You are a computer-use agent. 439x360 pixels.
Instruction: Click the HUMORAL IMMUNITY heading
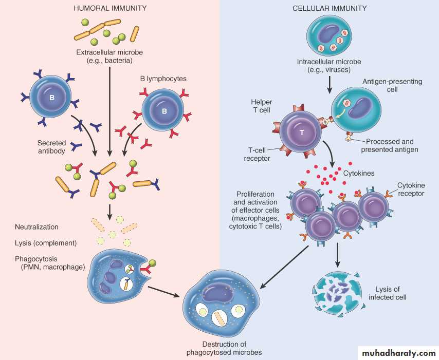[111, 8]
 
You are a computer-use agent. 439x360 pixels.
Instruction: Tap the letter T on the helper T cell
[302, 132]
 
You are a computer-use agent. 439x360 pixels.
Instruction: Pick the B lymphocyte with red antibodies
[163, 110]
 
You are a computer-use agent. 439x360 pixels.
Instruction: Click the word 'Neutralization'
[36, 226]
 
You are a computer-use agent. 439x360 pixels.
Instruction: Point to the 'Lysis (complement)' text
[46, 242]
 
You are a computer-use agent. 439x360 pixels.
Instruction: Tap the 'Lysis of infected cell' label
[388, 293]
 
